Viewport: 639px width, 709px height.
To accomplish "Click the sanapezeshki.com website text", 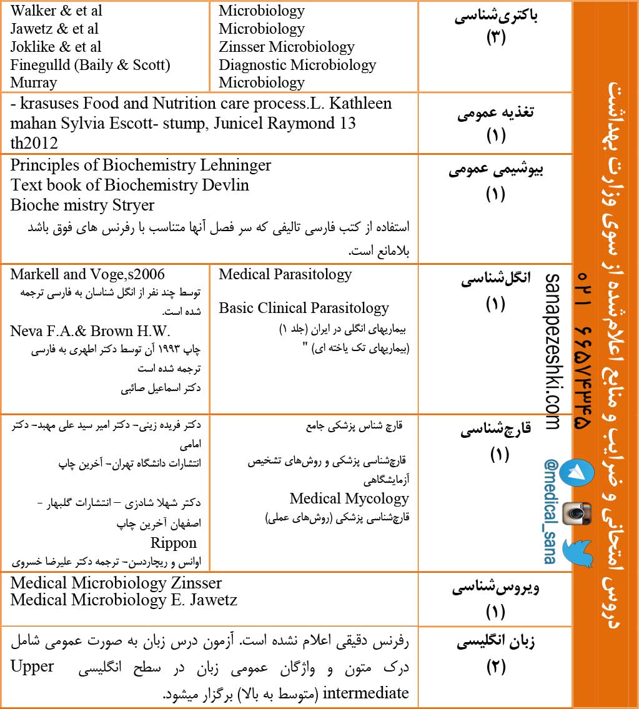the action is point(552,351).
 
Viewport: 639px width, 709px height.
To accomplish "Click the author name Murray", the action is point(33,82).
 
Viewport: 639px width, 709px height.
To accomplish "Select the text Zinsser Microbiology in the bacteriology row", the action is point(286,47).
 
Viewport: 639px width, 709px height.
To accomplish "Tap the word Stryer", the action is point(131,205).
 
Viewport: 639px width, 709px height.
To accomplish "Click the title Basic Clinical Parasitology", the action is point(304,308).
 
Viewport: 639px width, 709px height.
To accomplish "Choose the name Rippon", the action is point(173,542).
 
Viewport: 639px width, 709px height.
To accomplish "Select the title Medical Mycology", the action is point(349,498).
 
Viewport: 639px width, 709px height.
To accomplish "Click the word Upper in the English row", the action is point(32,667).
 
